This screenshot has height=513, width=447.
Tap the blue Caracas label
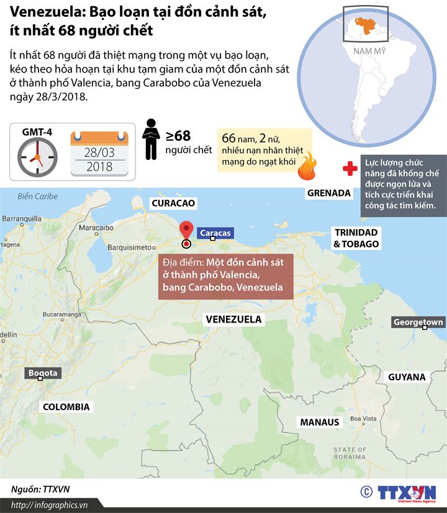click(215, 233)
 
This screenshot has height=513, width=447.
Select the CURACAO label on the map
click(173, 203)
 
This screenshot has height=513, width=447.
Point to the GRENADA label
click(329, 193)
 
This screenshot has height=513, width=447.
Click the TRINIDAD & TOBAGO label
click(356, 238)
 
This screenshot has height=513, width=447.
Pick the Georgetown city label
click(418, 323)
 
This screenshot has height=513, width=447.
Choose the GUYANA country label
click(407, 377)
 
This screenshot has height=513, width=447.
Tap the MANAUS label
click(320, 422)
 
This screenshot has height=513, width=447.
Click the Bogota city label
click(42, 373)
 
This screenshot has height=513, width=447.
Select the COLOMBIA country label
click(66, 407)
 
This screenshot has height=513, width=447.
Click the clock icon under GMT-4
click(37, 157)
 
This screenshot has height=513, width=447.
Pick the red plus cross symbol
click(350, 168)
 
